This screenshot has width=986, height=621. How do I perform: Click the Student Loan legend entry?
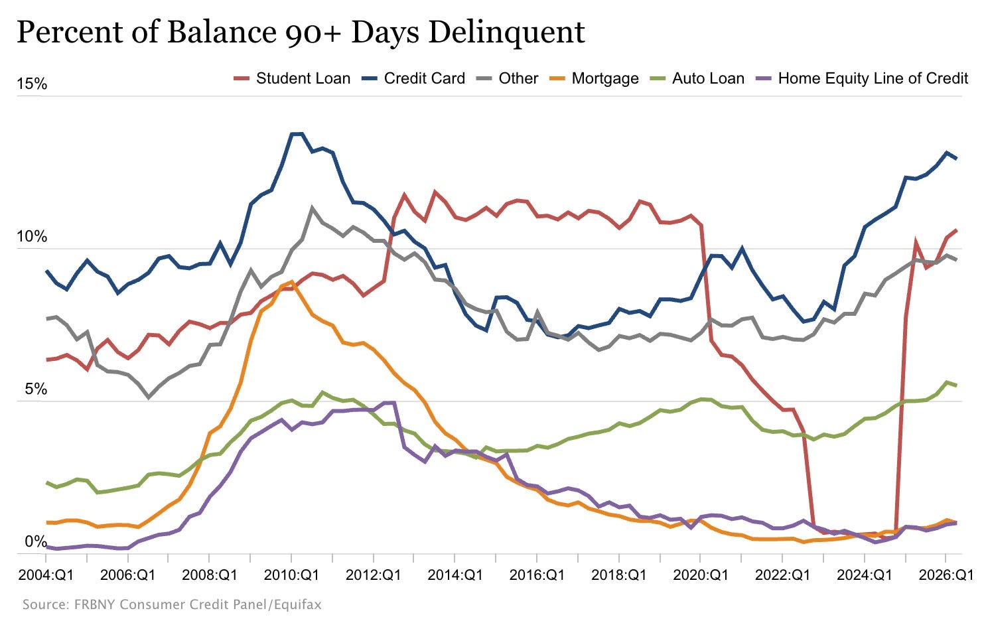pyautogui.click(x=292, y=78)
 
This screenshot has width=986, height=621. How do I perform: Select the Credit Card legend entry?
pyautogui.click(x=413, y=78)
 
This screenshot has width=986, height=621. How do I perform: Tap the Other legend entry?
pyautogui.click(x=507, y=78)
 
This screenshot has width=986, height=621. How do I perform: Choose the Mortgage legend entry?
pyautogui.click(x=595, y=78)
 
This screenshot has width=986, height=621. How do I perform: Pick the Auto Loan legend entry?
pyautogui.click(x=697, y=78)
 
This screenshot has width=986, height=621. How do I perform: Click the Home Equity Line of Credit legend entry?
pyautogui.click(x=862, y=78)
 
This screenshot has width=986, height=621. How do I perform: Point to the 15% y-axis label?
pyautogui.click(x=32, y=84)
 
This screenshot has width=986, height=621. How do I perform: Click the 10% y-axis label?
pyautogui.click(x=32, y=237)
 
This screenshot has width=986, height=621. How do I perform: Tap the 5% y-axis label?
pyautogui.click(x=36, y=389)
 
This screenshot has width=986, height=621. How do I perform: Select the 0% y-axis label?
pyautogui.click(x=36, y=542)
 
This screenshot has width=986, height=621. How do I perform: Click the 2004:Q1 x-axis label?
pyautogui.click(x=46, y=575)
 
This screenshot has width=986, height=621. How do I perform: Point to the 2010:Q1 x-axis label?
pyautogui.click(x=291, y=575)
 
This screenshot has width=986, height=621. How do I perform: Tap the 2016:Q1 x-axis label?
pyautogui.click(x=537, y=575)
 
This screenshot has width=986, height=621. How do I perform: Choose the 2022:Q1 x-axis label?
pyautogui.click(x=782, y=575)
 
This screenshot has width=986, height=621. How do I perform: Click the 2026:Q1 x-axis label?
pyautogui.click(x=946, y=575)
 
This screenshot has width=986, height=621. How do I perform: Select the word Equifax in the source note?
pyautogui.click(x=297, y=604)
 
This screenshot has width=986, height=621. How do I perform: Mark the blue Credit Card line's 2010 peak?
pyautogui.click(x=296, y=134)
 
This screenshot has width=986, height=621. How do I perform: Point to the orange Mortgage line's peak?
pyautogui.click(x=291, y=281)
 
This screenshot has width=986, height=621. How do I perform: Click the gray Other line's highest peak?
pyautogui.click(x=312, y=208)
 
